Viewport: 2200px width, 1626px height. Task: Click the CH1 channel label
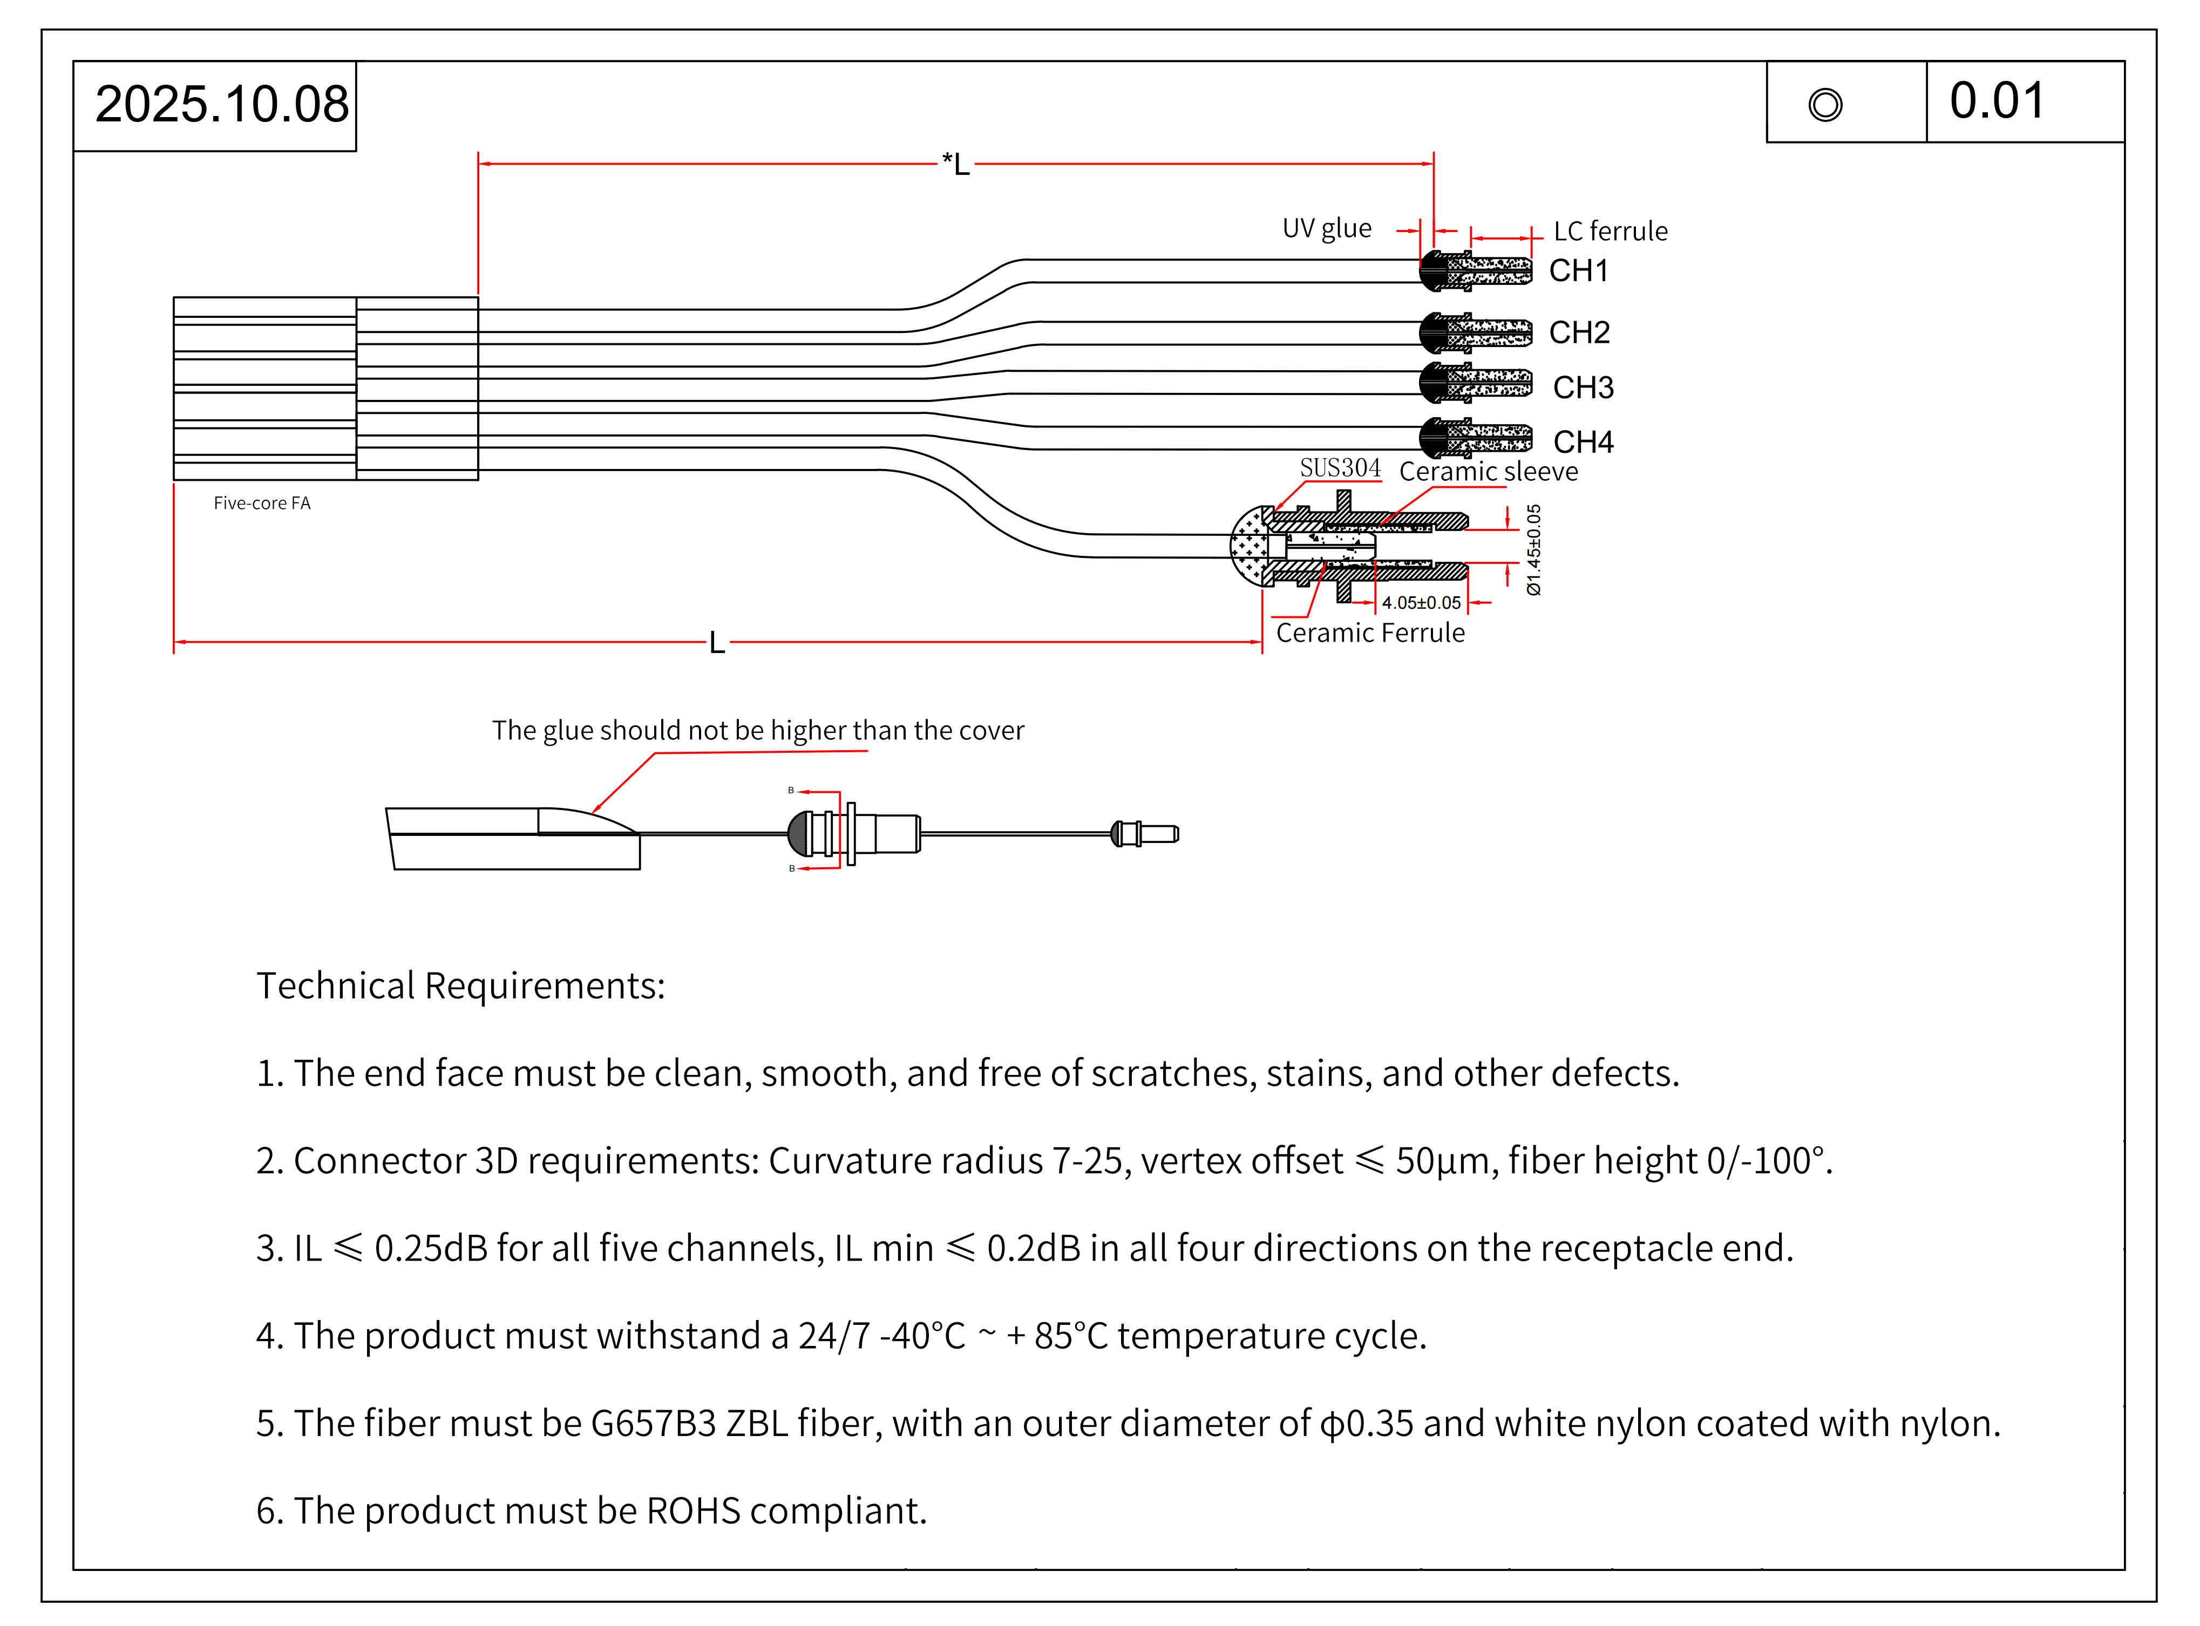pyautogui.click(x=1578, y=271)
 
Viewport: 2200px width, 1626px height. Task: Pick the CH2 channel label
pyautogui.click(x=1579, y=332)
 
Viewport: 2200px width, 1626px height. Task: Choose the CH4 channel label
pyautogui.click(x=1583, y=442)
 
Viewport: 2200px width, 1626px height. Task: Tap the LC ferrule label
pyautogui.click(x=1611, y=232)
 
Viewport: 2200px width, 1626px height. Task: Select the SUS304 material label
pyautogui.click(x=1340, y=468)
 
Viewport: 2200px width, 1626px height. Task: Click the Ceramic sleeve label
pyautogui.click(x=1488, y=472)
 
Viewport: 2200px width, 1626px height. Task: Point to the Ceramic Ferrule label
pyautogui.click(x=1369, y=633)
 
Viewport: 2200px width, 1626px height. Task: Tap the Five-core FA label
pyautogui.click(x=262, y=503)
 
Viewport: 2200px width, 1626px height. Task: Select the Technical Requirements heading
pyautogui.click(x=460, y=986)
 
